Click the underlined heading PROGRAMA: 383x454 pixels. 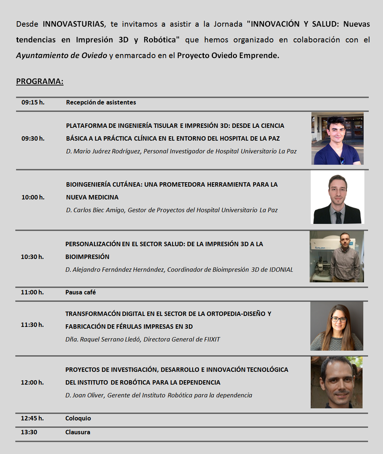coord(40,81)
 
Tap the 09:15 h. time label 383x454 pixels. coord(33,102)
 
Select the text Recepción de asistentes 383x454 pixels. coord(101,102)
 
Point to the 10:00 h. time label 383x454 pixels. coord(33,197)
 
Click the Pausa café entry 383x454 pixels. coord(80,292)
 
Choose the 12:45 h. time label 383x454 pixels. coord(32,418)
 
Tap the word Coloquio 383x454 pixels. coord(78,418)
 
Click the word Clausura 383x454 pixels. coord(78,432)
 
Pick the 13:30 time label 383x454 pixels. coord(29,432)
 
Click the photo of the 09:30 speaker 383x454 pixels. coord(337,138)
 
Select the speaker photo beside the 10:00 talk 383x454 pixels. coord(337,197)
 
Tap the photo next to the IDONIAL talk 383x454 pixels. coord(337,256)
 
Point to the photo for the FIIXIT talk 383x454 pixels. coord(337,326)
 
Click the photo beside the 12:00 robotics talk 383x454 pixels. coord(337,382)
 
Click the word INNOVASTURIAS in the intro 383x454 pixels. coord(74,24)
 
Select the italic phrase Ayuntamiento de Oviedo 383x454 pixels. coord(62,56)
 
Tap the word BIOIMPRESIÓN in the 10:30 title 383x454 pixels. coord(87,257)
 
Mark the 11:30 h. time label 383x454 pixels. coord(32,325)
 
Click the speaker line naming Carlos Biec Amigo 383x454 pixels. coord(172,210)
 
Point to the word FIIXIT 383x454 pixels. coord(212,339)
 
